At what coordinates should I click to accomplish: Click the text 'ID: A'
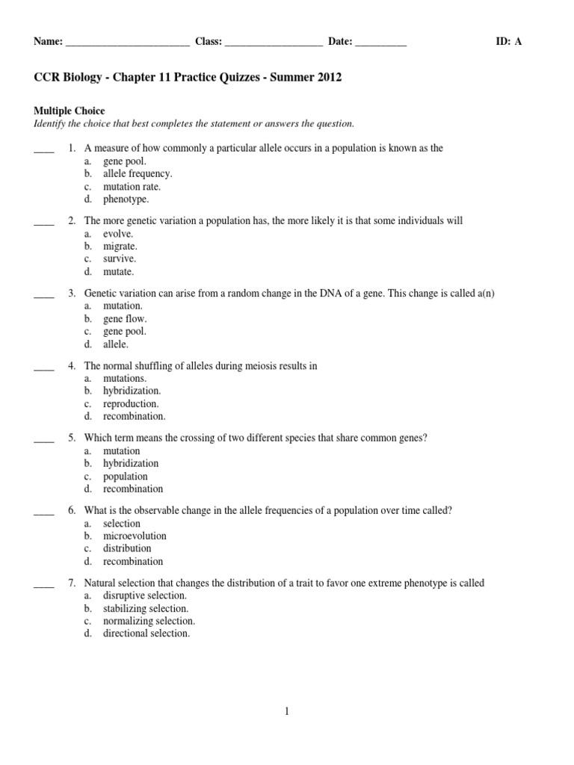tap(509, 42)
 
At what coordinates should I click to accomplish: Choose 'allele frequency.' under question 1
tap(138, 173)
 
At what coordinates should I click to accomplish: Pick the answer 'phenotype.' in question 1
tap(126, 199)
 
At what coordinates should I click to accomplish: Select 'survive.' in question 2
tap(120, 258)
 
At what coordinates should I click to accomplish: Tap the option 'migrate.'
tap(120, 246)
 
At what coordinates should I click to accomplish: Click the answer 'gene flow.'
tap(125, 318)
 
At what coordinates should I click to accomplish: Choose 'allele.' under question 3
tap(116, 344)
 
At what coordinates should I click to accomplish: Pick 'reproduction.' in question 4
tap(131, 403)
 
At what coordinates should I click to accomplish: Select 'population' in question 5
tap(126, 476)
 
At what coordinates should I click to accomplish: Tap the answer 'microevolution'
tap(135, 536)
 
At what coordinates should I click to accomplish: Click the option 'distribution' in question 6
tap(127, 548)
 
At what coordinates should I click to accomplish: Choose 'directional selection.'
tap(146, 634)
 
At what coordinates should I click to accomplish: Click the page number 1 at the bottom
tap(286, 712)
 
